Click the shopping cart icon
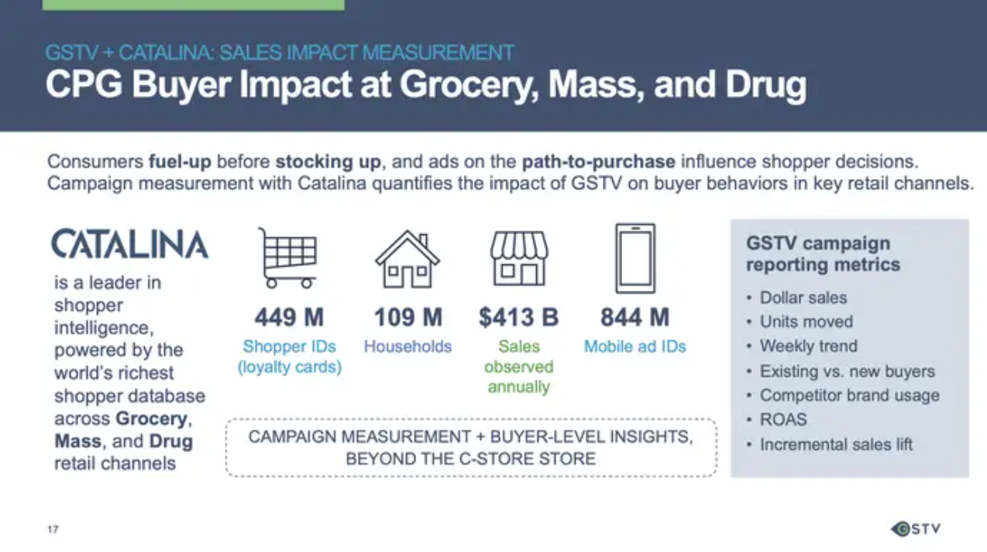pyautogui.click(x=288, y=258)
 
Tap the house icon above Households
pyautogui.click(x=408, y=259)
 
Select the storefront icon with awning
pyautogui.click(x=520, y=258)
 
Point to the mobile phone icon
pyautogui.click(x=635, y=258)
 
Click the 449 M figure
pyautogui.click(x=289, y=317)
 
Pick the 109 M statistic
pyautogui.click(x=408, y=317)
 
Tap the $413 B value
pyautogui.click(x=519, y=317)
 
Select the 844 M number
pyautogui.click(x=635, y=317)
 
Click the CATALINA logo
pyautogui.click(x=130, y=243)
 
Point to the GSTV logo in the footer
pyautogui.click(x=916, y=529)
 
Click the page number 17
pyautogui.click(x=53, y=529)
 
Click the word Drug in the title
pyautogui.click(x=765, y=85)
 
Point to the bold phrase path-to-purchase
pyautogui.click(x=598, y=162)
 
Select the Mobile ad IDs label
pyautogui.click(x=635, y=347)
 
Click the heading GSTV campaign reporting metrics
pyautogui.click(x=823, y=254)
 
